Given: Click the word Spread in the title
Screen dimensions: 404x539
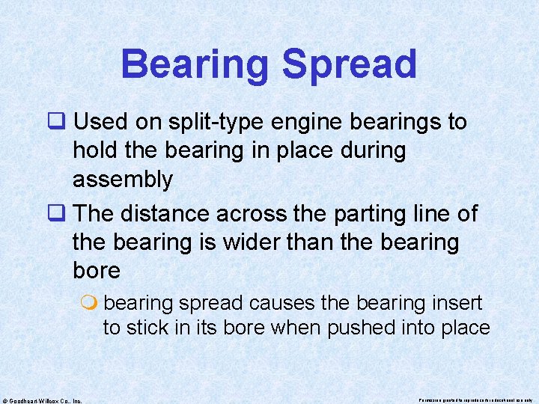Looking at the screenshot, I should click(x=350, y=65).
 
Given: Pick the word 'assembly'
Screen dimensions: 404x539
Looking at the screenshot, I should click(x=123, y=180).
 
